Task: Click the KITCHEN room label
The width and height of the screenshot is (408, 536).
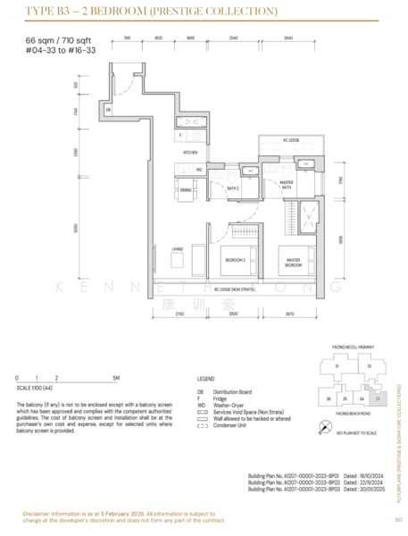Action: [190, 153]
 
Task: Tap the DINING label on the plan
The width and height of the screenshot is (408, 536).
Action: [185, 189]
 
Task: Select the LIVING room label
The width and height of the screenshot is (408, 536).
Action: [178, 249]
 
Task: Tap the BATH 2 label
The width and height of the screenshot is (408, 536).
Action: [233, 188]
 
